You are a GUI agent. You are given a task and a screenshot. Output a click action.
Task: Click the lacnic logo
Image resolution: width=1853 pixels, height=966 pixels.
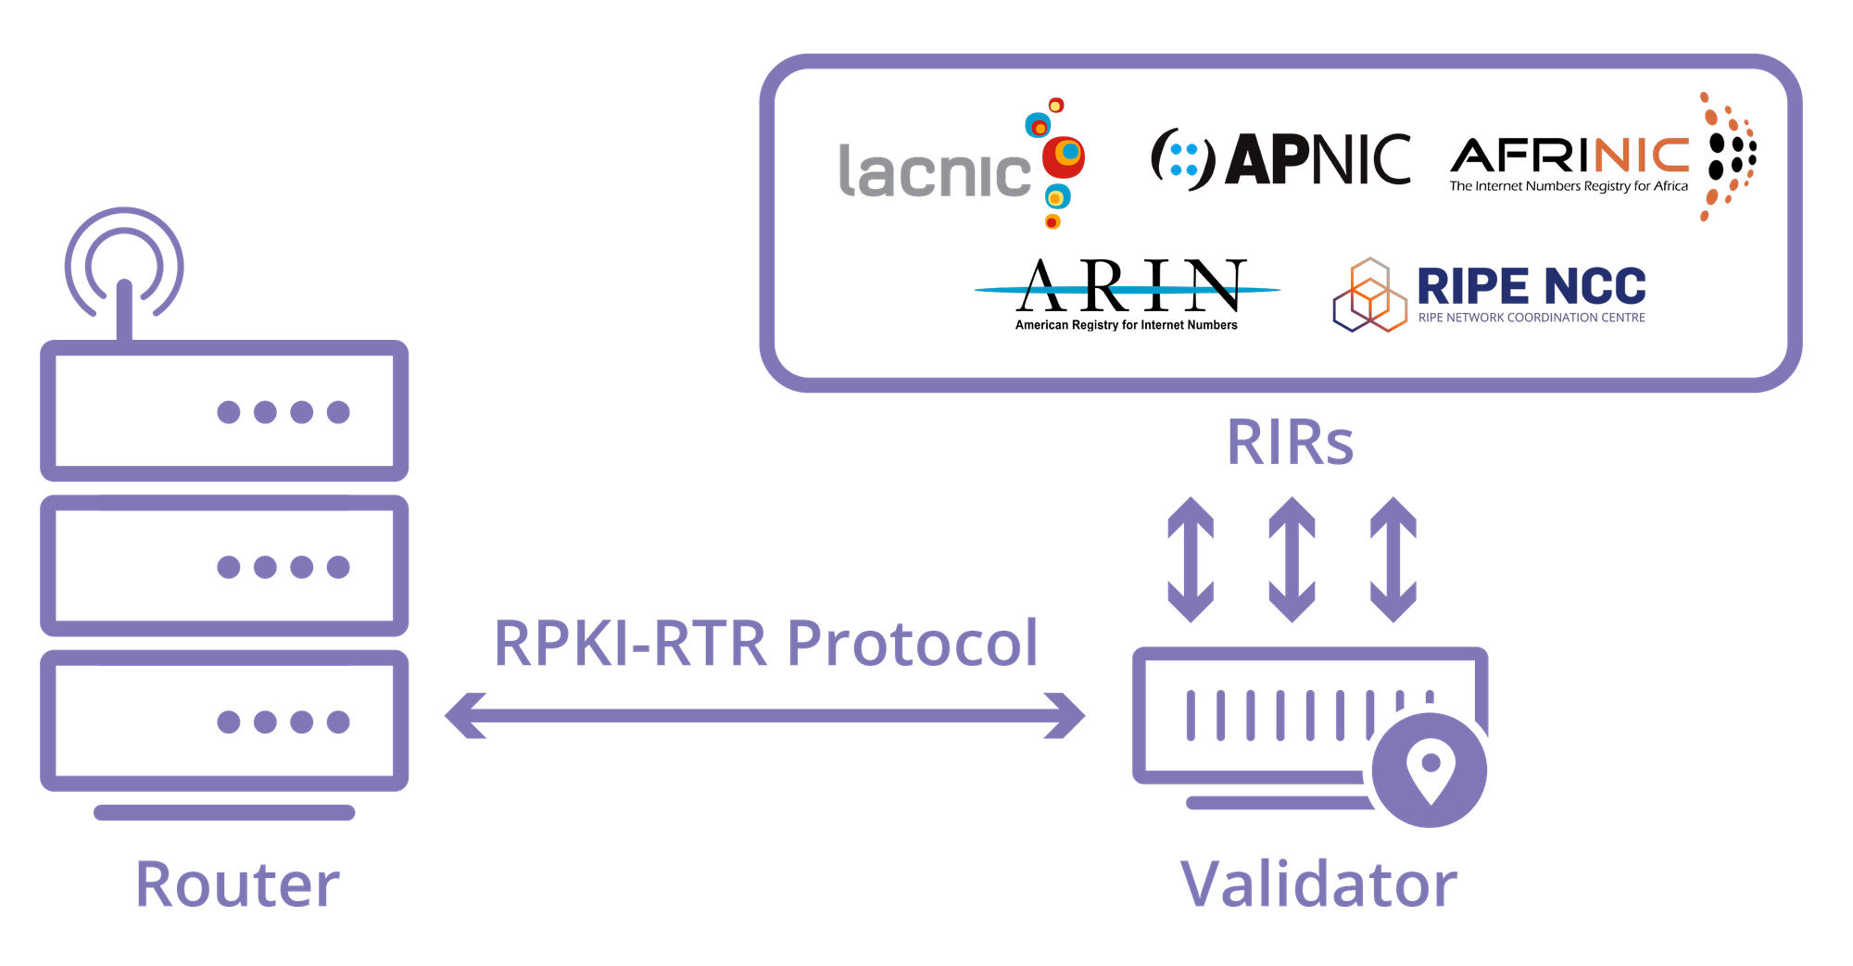coord(962,163)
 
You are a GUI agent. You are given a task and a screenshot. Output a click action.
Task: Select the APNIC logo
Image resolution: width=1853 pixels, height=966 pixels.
coord(1280,159)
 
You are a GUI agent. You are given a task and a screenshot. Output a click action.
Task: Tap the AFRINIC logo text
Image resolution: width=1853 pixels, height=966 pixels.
coord(1569,156)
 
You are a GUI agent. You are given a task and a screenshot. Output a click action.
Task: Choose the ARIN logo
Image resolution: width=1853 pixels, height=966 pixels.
coord(1127,295)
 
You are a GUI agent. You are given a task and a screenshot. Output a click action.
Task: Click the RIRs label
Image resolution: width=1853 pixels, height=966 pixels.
coord(1290,443)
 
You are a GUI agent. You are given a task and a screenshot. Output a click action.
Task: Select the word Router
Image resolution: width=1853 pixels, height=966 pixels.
coord(237,884)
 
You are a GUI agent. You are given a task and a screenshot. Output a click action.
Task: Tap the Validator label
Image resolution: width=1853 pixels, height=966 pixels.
coord(1318,884)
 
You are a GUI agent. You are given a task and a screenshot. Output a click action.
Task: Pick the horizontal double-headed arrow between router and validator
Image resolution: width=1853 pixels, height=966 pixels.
coord(765,716)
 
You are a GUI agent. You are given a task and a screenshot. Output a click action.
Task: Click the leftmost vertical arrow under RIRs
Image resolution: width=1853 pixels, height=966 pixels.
coord(1191,559)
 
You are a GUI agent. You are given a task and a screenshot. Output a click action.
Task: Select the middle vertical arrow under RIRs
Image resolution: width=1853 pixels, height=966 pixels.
coord(1292,559)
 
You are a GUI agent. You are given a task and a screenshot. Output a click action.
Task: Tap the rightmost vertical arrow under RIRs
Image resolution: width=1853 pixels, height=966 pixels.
coord(1393,559)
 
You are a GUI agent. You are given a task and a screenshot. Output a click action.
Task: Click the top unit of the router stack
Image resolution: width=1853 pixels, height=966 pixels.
coord(224,410)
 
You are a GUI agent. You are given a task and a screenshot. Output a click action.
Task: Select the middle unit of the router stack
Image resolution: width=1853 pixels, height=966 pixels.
coord(224,566)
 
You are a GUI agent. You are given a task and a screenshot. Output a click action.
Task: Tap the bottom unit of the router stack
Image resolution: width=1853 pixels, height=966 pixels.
coord(224,721)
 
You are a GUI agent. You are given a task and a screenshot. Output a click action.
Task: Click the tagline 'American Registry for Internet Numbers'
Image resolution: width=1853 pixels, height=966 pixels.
coord(1126,325)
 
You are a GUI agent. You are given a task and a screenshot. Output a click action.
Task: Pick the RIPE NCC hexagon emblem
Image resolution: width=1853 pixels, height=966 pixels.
coord(1369,295)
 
